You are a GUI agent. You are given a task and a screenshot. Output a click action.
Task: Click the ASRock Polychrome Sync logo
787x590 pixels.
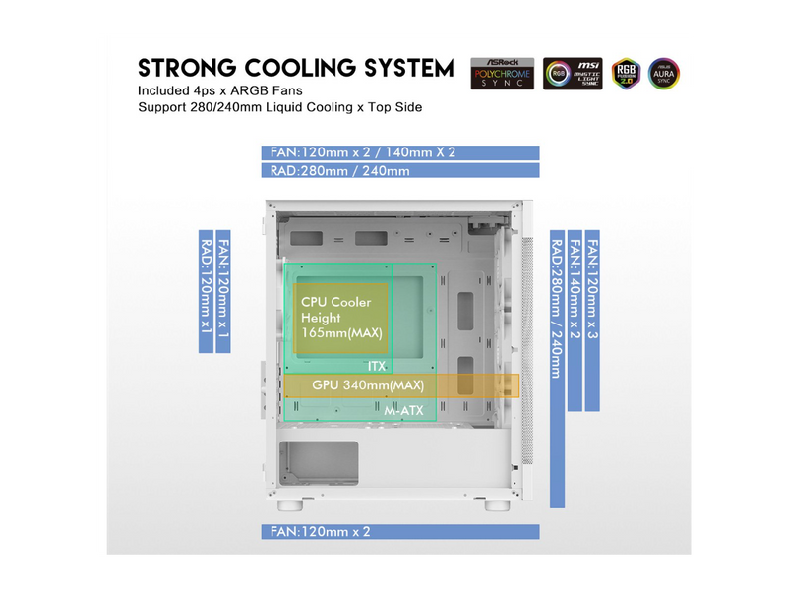[x=503, y=73]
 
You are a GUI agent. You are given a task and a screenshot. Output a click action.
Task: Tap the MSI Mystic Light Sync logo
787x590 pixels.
[x=573, y=74]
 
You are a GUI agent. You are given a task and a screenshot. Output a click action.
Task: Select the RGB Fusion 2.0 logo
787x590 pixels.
[x=625, y=74]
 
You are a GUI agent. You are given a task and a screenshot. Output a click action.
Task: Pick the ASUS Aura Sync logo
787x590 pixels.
[x=664, y=74]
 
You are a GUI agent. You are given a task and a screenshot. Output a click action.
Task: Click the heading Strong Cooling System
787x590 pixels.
[x=296, y=68]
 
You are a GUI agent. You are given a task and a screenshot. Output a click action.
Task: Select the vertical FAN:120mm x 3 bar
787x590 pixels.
[x=592, y=321]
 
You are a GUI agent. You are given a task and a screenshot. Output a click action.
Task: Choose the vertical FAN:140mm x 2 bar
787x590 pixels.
[x=575, y=321]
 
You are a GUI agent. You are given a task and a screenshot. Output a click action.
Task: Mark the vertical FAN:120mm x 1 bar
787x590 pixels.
[x=224, y=294]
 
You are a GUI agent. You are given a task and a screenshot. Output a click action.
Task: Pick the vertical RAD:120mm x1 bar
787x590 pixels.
[x=207, y=294]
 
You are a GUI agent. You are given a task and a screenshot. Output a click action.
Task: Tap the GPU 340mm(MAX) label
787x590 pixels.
[x=368, y=384]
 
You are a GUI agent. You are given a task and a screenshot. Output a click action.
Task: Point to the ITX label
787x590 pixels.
[x=377, y=366]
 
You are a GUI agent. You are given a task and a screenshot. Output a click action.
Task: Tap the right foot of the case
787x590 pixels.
[x=498, y=506]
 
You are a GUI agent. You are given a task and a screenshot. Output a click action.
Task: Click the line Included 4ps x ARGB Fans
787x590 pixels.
[x=228, y=90]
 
